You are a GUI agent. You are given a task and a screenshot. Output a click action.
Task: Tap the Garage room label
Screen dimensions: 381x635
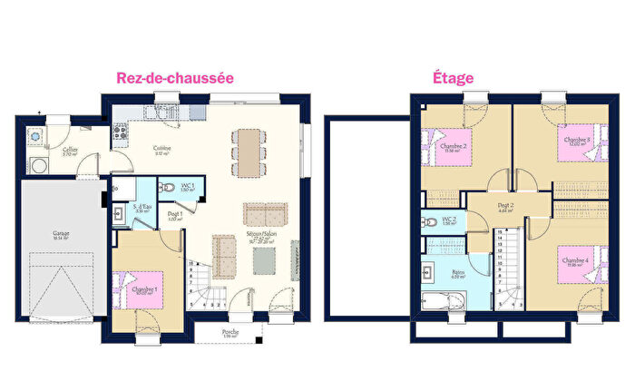[61, 233]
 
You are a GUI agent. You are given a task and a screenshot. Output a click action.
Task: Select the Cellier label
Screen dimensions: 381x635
[69, 151]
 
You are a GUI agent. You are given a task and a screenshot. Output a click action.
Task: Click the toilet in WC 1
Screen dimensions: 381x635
[167, 189]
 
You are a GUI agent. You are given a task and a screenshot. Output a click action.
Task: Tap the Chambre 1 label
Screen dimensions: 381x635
[145, 290]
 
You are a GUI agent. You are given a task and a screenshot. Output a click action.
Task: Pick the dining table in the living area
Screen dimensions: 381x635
[247, 151]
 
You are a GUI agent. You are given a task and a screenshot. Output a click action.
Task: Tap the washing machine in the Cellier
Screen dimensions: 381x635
[39, 166]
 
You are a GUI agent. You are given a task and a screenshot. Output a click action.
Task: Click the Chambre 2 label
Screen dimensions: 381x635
[454, 147]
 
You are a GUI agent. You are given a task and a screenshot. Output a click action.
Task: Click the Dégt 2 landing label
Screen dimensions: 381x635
[505, 207]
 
